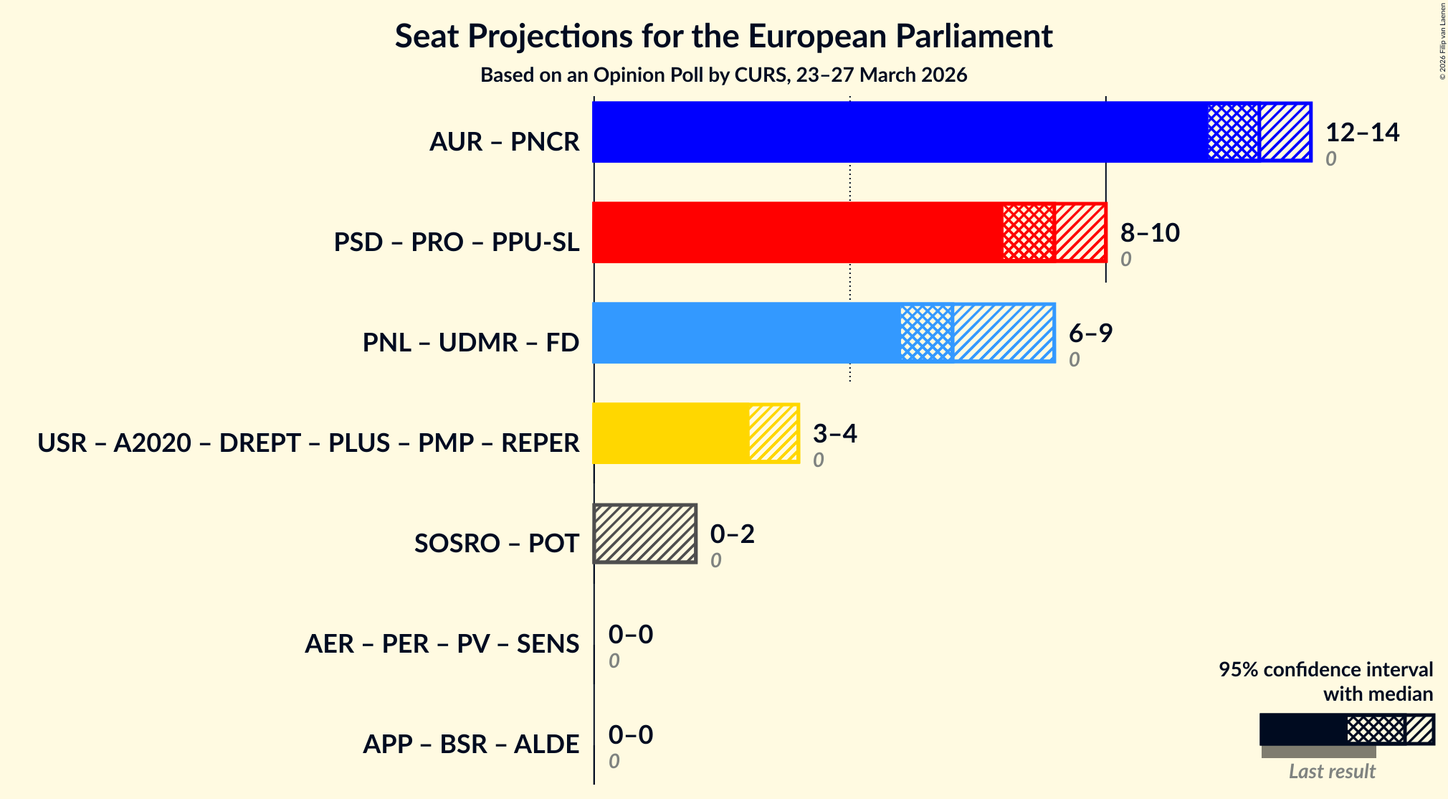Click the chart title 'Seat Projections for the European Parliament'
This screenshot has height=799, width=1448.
coord(723,36)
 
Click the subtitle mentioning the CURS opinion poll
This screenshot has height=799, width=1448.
coord(723,75)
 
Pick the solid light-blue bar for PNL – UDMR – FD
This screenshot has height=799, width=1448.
coord(746,333)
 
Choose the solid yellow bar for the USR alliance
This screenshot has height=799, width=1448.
coord(670,433)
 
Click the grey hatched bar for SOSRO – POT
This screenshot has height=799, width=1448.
coord(645,534)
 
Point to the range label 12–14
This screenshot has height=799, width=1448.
coord(1362,132)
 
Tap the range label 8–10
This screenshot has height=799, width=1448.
coord(1150,232)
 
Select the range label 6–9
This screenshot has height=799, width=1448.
coord(1090,333)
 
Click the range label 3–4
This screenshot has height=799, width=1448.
coord(834,433)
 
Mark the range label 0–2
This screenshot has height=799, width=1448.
coord(732,534)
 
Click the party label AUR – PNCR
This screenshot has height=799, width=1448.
coord(504,142)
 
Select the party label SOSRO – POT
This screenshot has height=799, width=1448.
coord(496,544)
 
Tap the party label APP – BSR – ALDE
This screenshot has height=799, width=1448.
coord(471,744)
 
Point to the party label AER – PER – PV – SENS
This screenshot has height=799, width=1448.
coord(442,644)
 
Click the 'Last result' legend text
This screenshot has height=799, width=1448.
coord(1332,772)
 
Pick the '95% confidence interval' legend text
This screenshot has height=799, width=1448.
coord(1325,669)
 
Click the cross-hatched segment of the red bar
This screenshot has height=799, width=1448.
coord(1029,232)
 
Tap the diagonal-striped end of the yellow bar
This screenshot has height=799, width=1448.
coord(773,433)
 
